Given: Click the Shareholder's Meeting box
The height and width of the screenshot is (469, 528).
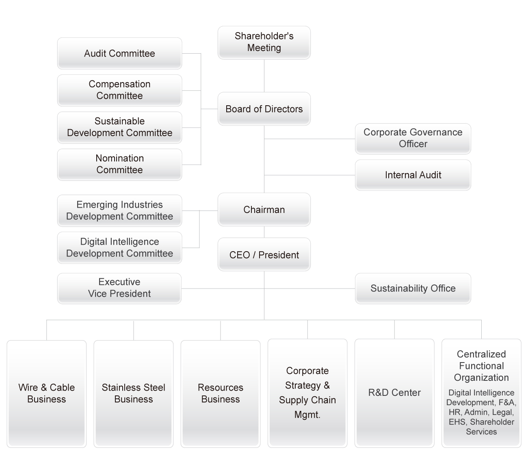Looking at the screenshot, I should (x=264, y=42).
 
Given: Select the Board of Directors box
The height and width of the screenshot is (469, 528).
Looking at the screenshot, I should (x=264, y=109).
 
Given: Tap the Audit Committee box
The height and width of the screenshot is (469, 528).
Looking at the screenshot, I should (x=119, y=53).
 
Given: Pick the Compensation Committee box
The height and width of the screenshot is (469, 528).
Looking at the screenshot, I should (x=119, y=90).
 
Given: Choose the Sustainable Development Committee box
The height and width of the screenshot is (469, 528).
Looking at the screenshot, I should (x=119, y=127).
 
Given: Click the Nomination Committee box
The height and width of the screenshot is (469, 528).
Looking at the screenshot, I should (x=119, y=164).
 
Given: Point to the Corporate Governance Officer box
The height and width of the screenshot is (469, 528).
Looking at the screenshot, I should (x=413, y=138).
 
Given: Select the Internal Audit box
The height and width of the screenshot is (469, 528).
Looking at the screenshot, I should (x=413, y=175).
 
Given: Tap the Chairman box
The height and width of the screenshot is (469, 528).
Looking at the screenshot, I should (x=264, y=210).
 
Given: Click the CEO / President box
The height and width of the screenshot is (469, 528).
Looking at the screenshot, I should (x=264, y=255).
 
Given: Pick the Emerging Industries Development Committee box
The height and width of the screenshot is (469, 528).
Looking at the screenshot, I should (x=119, y=211).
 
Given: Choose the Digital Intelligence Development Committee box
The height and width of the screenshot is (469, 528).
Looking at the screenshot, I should (x=119, y=248).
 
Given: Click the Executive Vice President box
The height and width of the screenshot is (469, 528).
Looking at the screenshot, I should (x=119, y=288).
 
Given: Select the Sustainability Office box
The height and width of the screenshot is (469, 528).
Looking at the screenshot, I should (x=413, y=289).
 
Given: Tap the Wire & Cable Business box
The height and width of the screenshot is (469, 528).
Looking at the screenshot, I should (x=47, y=393).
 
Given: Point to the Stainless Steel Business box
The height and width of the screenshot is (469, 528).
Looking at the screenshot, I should (x=134, y=393).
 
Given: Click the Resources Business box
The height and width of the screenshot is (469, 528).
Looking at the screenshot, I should (x=221, y=393).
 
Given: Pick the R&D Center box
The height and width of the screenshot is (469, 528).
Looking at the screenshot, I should (x=394, y=393).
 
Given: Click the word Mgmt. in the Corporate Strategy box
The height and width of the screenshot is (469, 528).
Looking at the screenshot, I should (x=307, y=415).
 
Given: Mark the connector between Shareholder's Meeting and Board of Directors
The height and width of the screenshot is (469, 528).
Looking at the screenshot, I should (x=264, y=76).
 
